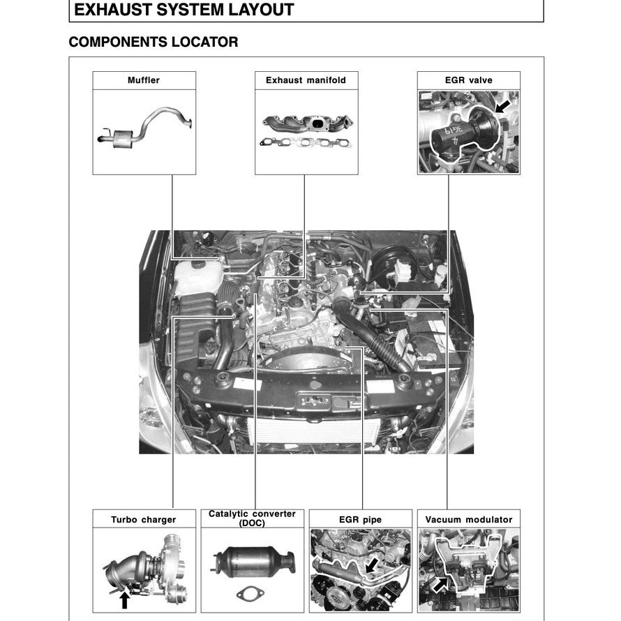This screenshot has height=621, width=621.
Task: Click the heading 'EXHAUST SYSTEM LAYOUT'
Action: click(x=184, y=10)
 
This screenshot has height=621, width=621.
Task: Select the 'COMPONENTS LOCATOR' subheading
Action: click(x=153, y=42)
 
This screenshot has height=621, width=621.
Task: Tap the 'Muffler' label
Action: click(x=144, y=80)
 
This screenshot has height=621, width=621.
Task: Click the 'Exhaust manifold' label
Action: click(x=306, y=80)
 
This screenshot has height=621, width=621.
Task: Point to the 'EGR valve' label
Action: click(x=468, y=80)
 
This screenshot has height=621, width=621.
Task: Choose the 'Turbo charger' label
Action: click(x=144, y=519)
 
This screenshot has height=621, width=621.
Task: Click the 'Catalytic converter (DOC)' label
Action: click(x=252, y=518)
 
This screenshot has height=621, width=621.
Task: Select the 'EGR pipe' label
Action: click(x=360, y=519)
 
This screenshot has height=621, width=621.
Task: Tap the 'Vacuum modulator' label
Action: click(x=468, y=519)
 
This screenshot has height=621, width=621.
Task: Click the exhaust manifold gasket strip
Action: click(x=305, y=144)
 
